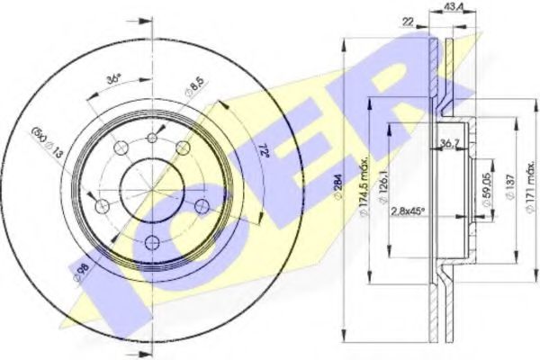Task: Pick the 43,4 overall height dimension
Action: point(454,9)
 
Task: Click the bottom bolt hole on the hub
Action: point(151,241)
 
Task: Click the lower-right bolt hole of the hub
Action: point(201,207)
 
